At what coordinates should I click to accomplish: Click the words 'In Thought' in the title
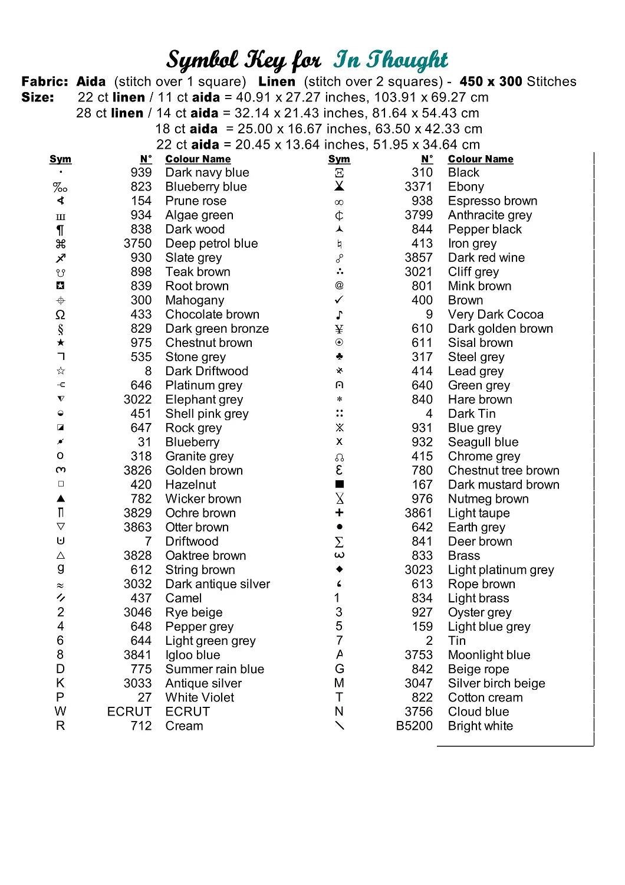(390, 60)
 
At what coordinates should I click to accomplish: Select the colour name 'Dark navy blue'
(207, 172)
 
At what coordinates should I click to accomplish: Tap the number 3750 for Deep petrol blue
(137, 243)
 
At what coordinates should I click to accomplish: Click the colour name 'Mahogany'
(195, 300)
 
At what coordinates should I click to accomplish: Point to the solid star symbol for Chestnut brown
(61, 342)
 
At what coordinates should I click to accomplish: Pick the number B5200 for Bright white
(414, 726)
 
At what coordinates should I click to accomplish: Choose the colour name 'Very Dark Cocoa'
(495, 314)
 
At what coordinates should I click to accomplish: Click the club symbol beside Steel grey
(339, 356)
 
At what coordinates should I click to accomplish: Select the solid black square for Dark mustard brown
(339, 484)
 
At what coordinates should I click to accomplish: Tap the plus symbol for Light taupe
(339, 513)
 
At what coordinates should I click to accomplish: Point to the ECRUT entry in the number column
(129, 712)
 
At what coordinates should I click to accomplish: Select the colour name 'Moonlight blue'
(489, 655)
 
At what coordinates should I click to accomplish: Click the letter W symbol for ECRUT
(60, 712)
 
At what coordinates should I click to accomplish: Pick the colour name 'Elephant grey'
(204, 399)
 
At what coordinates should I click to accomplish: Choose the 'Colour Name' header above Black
(481, 159)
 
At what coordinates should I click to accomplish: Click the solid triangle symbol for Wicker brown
(61, 499)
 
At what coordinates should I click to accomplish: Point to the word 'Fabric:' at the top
(45, 81)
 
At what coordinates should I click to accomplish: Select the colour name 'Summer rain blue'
(215, 669)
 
